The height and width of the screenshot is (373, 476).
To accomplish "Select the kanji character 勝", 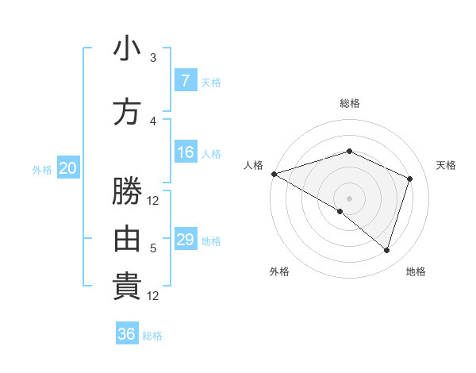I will (127, 191).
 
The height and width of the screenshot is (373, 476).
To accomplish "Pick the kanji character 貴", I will (127, 286).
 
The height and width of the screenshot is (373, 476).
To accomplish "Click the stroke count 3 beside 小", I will (153, 58).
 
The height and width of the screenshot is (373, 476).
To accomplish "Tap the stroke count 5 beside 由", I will (153, 248).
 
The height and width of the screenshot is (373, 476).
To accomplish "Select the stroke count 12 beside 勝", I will (153, 201).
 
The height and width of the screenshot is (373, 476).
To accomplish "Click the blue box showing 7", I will (186, 80).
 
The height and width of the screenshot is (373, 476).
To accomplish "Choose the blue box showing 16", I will (186, 152).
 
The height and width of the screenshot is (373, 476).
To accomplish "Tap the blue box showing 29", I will (186, 240).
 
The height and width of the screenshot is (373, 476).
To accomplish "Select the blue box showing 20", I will (67, 168).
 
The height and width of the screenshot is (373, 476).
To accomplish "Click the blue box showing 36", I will (127, 334).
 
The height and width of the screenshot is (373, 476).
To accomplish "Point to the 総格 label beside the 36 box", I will (152, 336).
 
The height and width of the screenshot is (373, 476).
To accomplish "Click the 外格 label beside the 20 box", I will (42, 169).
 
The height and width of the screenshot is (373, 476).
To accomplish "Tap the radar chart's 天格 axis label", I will (447, 165).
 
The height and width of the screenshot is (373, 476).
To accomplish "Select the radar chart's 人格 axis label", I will (253, 165).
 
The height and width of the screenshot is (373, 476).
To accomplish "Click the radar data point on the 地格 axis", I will (386, 250).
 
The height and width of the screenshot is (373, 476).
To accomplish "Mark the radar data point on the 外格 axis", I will (340, 211).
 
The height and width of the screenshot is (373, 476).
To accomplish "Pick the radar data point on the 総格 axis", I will (349, 151).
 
